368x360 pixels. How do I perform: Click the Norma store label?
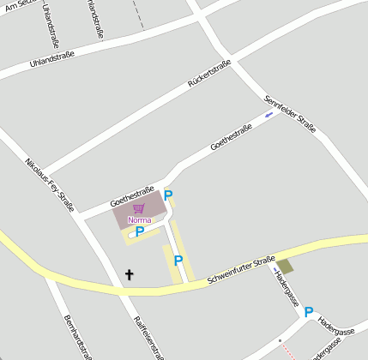[139, 219]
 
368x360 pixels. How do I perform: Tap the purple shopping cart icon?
[139, 208]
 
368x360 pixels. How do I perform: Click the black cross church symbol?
[130, 275]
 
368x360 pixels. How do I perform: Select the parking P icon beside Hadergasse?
[309, 313]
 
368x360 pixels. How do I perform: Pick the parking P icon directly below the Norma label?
[139, 231]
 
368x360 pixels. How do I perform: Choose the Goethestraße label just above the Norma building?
[132, 196]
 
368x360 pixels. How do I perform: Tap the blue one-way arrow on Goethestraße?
[269, 114]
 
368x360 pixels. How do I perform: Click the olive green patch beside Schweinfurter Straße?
[285, 267]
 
